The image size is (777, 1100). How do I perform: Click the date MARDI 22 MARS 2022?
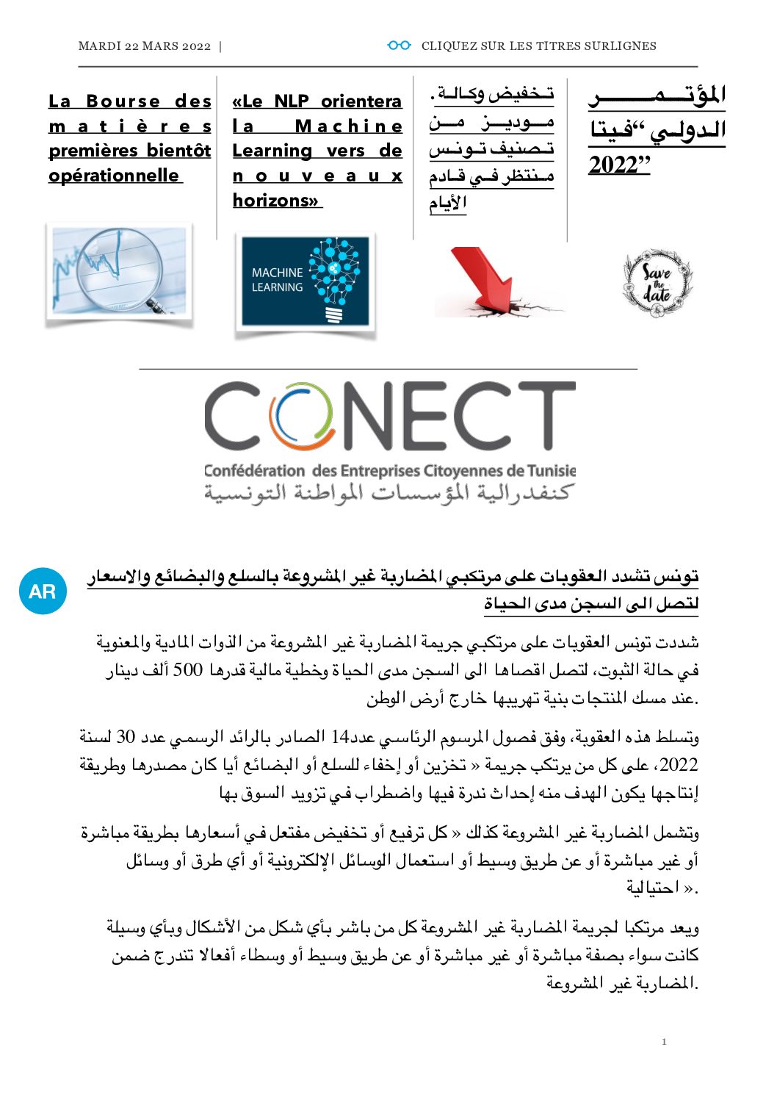[144, 46]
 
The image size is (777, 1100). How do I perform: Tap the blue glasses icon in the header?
[399, 46]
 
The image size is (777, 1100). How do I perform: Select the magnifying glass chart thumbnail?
[119, 271]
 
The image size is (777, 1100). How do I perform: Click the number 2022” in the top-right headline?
[619, 165]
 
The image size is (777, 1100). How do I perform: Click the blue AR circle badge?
[43, 591]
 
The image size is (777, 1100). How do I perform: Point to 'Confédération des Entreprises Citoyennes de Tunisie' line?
[389, 471]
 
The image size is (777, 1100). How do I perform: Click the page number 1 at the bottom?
[664, 1042]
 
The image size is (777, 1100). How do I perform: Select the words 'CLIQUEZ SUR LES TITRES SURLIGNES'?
[538, 46]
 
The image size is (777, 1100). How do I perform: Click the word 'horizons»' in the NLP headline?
[277, 200]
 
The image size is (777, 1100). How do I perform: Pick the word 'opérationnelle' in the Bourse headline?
[114, 176]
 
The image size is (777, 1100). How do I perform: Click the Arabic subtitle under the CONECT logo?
[387, 492]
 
